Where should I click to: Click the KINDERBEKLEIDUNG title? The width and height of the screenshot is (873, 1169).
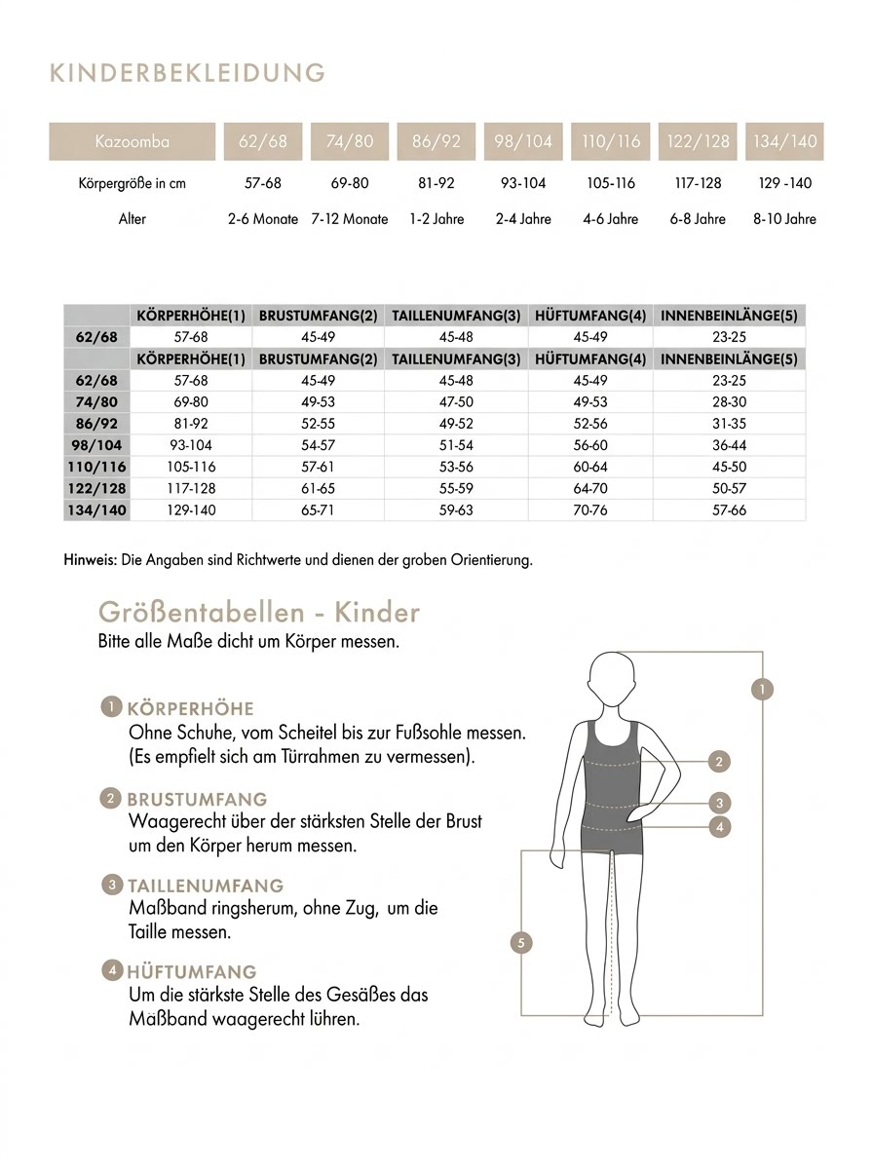coord(186,73)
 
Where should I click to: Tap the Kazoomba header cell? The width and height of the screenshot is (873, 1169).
coord(133,141)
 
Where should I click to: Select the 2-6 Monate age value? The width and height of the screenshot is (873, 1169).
coord(263,219)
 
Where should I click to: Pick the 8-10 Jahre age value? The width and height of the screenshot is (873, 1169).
coord(784,219)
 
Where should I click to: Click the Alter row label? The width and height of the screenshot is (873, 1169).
coord(132,219)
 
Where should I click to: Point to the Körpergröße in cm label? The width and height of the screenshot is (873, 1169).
coord(132,183)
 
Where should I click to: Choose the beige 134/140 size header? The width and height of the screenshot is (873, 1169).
coord(784,141)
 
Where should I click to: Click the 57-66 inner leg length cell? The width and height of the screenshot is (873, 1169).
coord(730,510)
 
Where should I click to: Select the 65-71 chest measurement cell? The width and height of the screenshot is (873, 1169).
coord(318,510)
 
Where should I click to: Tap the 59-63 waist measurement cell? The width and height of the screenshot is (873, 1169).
coord(456,510)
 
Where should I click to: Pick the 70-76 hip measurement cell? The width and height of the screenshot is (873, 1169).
coord(590,510)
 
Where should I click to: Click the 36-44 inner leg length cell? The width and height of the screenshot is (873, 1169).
coord(730,445)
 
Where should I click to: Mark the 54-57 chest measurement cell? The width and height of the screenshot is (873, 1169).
coord(318,445)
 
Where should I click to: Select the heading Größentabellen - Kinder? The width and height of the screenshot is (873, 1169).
coord(259,613)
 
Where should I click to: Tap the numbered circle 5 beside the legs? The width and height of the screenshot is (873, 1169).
coord(522,942)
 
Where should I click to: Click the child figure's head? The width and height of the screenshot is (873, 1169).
coord(612,681)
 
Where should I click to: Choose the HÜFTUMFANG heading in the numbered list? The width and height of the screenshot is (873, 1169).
coord(192,971)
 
